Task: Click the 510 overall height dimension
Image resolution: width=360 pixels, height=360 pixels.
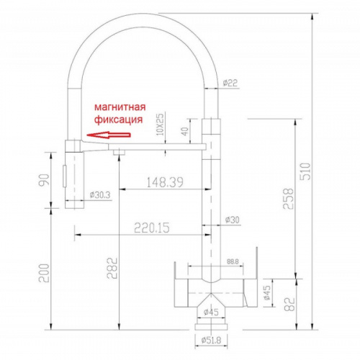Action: (x=305, y=171)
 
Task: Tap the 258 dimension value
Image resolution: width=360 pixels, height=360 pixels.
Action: (x=288, y=199)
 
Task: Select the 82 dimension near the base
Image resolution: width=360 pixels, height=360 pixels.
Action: (x=289, y=305)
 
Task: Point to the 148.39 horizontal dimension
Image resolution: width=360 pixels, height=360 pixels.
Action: (x=165, y=182)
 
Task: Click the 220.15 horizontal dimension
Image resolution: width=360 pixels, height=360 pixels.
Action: (x=152, y=228)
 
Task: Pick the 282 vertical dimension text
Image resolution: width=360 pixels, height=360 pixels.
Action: (x=112, y=268)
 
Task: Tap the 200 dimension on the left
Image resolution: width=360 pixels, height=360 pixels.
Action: (x=44, y=273)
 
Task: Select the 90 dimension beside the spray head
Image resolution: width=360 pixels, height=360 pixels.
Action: (x=44, y=179)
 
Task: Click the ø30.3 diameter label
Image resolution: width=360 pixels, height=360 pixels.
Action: (x=100, y=195)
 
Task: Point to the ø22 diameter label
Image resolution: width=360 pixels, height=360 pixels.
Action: (x=230, y=83)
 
